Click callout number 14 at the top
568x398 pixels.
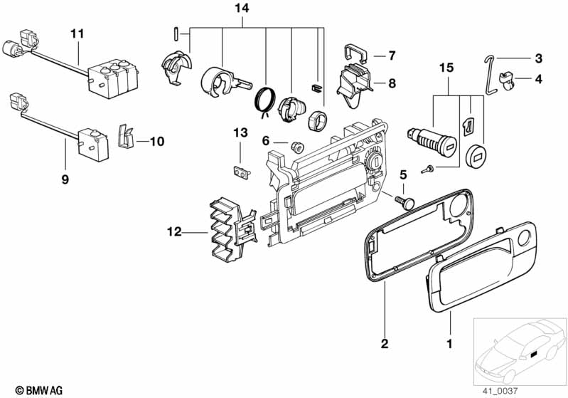pyautogui.click(x=242, y=9)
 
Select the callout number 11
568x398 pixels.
pyautogui.click(x=77, y=33)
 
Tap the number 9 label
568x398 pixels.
pyautogui.click(x=65, y=179)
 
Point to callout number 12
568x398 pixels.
pyautogui.click(x=174, y=231)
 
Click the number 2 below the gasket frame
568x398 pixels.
pyautogui.click(x=385, y=343)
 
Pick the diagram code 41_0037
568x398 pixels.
pyautogui.click(x=500, y=391)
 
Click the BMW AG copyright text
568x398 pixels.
pyautogui.click(x=39, y=390)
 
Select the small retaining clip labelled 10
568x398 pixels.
pyautogui.click(x=126, y=136)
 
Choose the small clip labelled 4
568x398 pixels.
pyautogui.click(x=507, y=81)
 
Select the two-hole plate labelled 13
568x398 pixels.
pyautogui.click(x=241, y=172)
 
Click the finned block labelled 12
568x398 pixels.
pyautogui.click(x=232, y=229)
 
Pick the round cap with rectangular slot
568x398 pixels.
pyautogui.click(x=476, y=157)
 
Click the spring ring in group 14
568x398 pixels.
pyautogui.click(x=265, y=100)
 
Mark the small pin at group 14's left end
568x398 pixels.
pyautogui.click(x=176, y=34)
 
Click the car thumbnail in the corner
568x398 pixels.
pyautogui.click(x=520, y=351)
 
